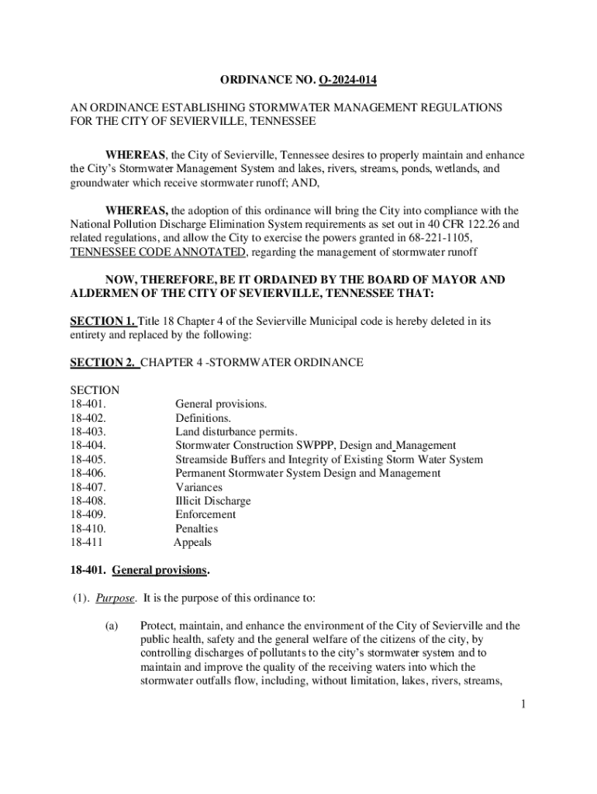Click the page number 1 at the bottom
click(x=524, y=704)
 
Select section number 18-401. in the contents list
click(x=88, y=404)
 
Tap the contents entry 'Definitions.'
click(x=202, y=418)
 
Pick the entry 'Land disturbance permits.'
click(x=236, y=432)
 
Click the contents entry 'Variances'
click(x=198, y=487)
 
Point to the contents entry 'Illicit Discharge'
click(x=212, y=501)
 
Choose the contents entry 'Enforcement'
click(x=205, y=515)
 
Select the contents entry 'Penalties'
click(x=197, y=529)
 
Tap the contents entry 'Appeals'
click(x=192, y=543)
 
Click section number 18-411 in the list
click(x=86, y=543)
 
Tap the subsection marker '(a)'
click(x=112, y=626)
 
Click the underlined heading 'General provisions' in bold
click(x=160, y=571)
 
